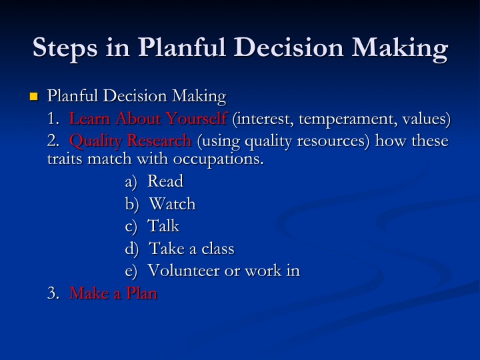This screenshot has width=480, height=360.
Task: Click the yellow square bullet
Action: [34, 97]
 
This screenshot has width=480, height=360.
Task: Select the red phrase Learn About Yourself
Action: [148, 118]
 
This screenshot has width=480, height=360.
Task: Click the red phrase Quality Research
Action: [131, 141]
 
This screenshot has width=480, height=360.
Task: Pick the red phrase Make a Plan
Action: [113, 293]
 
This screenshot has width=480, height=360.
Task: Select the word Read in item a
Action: [165, 181]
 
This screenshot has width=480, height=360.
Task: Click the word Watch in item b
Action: [173, 203]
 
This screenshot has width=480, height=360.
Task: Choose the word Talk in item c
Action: [163, 226]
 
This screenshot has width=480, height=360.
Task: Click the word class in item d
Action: [217, 248]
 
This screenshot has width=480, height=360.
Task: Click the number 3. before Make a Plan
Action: [53, 293]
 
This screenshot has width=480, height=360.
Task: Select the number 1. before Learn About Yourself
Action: [53, 119]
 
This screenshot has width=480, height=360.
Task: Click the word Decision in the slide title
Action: [289, 47]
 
